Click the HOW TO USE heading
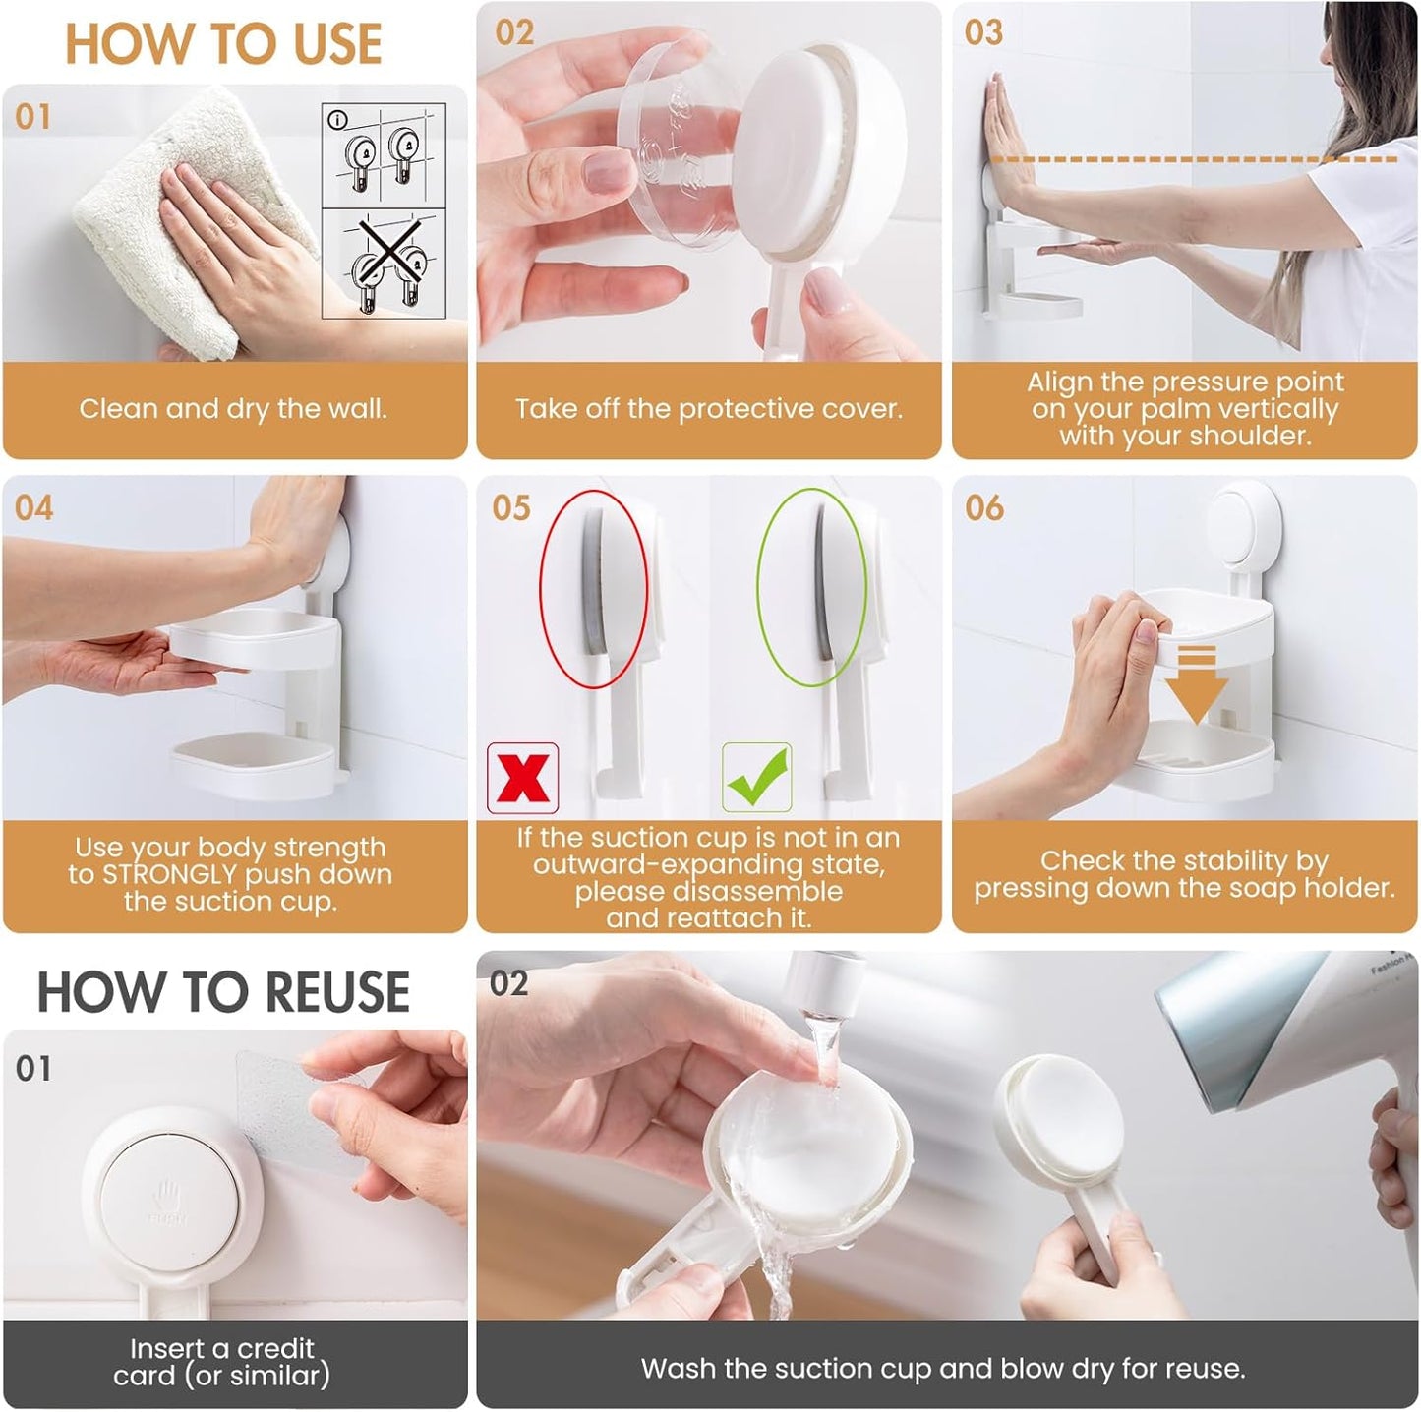coord(223,44)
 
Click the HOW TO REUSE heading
coord(223,991)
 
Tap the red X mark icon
coord(523,778)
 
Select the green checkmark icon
coord(756,778)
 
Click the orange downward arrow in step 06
coord(1196,682)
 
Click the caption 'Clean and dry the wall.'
coord(233,409)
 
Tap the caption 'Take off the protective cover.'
coord(708,409)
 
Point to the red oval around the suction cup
coord(594,587)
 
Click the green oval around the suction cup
coord(811,587)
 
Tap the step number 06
coord(984,508)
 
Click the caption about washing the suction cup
coord(942,1368)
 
